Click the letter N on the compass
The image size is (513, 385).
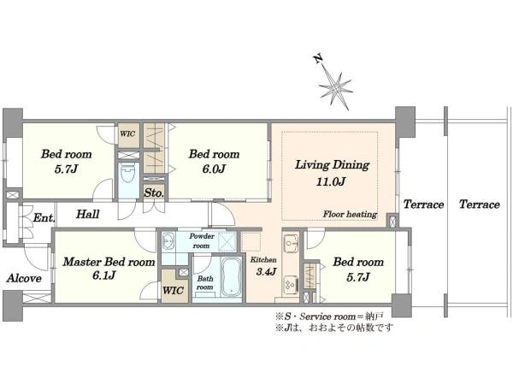318,59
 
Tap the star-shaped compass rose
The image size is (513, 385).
336,88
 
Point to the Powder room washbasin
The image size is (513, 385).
168,241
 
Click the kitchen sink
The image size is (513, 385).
291,244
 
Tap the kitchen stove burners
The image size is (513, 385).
291,283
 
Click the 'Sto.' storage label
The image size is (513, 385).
154,192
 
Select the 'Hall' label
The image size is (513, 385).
88,214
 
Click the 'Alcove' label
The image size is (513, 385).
24,278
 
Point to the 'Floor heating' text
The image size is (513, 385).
350,215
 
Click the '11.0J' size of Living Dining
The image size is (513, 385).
331,181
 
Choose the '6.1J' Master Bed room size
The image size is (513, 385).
104,275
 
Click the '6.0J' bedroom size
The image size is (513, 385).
214,169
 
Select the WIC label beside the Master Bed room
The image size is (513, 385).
173,290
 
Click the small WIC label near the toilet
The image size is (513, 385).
127,134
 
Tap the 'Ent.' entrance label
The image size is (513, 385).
44,217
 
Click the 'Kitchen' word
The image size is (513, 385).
263,260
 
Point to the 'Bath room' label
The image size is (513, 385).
205,283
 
